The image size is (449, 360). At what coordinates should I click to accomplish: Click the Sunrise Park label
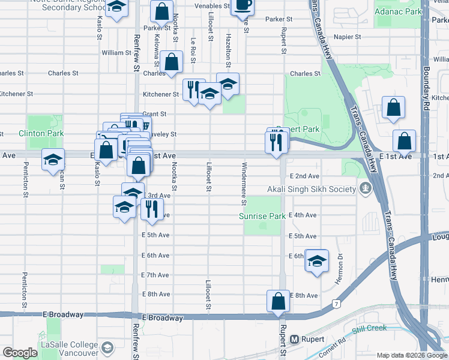coord(263,216)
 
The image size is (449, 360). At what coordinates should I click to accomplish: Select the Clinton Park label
coord(40,133)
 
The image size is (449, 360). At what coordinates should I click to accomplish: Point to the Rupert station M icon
coord(295,339)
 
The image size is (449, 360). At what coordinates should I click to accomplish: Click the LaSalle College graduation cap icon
coord(107,347)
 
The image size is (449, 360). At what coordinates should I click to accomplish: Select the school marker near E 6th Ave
coord(316,261)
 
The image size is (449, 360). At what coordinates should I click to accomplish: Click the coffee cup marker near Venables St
coord(242,5)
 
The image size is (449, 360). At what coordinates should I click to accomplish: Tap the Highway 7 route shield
coord(337,305)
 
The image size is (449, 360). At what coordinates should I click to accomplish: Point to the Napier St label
coord(347,37)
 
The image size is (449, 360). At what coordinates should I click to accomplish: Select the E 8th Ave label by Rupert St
coord(303,295)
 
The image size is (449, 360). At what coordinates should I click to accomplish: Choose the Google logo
coord(20,353)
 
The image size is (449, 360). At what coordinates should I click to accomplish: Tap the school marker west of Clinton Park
coord(53,160)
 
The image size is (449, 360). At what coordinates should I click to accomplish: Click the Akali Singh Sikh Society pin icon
coord(364,190)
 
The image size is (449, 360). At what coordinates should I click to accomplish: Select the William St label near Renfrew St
coord(116,53)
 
